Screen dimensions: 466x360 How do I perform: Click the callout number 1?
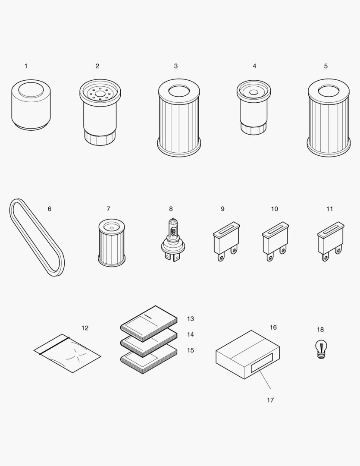point(26,66)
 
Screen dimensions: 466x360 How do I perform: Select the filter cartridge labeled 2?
point(100,114)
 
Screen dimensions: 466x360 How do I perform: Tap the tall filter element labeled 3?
point(179,119)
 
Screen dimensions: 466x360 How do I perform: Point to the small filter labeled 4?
point(254,108)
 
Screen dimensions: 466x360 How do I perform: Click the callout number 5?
point(326,66)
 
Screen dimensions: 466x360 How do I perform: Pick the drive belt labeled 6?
point(37,237)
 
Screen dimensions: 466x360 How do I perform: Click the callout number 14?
point(191,334)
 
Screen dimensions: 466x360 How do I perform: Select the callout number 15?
point(191,350)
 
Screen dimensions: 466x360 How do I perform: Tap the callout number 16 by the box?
point(273,327)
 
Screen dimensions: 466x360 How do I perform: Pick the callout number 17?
point(270,400)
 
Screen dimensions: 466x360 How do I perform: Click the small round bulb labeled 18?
point(321,349)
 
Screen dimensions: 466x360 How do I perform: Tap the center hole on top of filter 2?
point(100,92)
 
